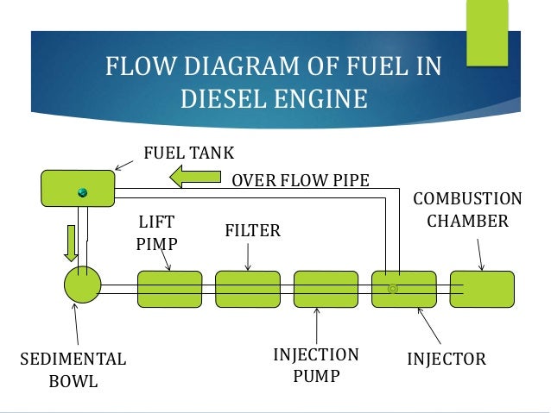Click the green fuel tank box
(x=77, y=188)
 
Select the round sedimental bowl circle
(x=82, y=285)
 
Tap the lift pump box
(x=169, y=289)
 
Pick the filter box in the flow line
(x=247, y=289)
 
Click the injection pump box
(x=326, y=289)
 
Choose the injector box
(x=404, y=289)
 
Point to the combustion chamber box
(x=482, y=289)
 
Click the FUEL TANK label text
(x=188, y=153)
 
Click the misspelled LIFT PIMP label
(x=157, y=233)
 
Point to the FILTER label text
(x=253, y=231)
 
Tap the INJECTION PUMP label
(x=315, y=366)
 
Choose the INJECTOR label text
(x=446, y=358)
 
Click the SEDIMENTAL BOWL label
(x=73, y=369)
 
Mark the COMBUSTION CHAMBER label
(x=467, y=210)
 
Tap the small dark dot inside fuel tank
(x=84, y=191)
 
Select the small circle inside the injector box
(x=393, y=288)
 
